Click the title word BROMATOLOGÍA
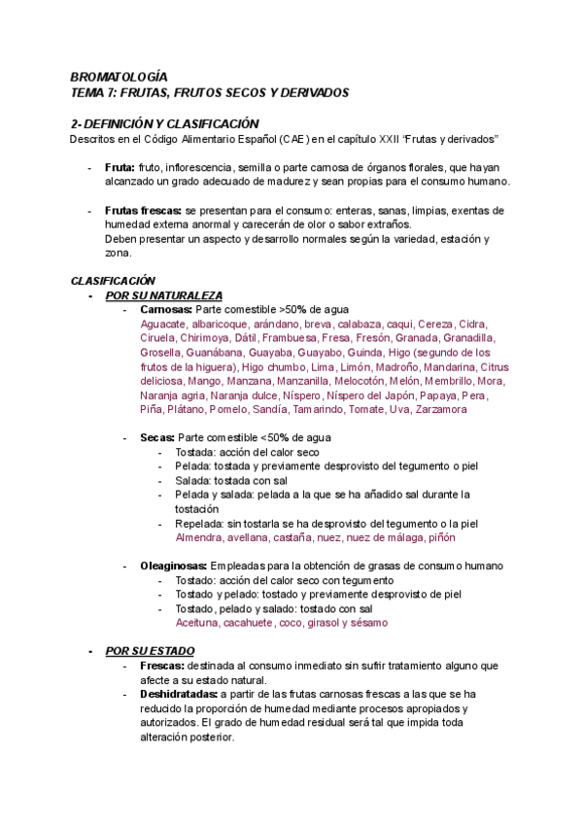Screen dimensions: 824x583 [120, 76]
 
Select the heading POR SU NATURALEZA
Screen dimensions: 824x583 [164, 295]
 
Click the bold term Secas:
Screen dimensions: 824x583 [157, 437]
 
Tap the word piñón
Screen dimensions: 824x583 [437, 536]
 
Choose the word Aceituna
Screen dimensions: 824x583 [198, 622]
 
